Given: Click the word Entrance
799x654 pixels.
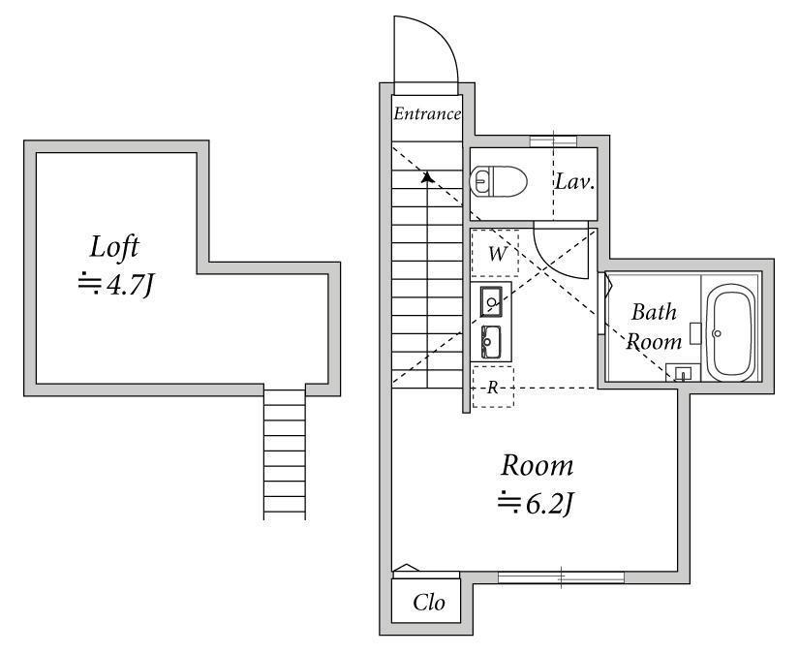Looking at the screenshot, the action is coord(427,113).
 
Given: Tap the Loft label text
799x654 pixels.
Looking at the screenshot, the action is coord(114,247).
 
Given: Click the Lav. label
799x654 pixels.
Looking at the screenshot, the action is coord(574,181).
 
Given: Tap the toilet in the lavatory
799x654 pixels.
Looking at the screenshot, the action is coord(498,181).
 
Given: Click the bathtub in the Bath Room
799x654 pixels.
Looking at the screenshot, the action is coord(733,332).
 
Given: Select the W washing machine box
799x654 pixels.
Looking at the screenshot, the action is coord(495,253).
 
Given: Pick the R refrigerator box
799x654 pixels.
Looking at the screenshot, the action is coord(493,387).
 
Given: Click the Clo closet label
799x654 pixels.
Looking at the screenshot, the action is coord(428,603).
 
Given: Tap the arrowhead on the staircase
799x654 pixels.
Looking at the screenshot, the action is coord(427,177).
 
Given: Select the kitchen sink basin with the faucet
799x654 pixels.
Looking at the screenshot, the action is coord(491,301).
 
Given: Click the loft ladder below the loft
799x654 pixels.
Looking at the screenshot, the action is coord(285,452).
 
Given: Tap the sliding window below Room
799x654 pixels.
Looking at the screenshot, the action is coord(561,577).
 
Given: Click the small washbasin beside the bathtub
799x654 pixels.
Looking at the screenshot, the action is coord(684,373).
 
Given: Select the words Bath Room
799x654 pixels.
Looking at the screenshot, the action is coord(654,327).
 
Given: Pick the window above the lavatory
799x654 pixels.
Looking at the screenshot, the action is coord(553,141).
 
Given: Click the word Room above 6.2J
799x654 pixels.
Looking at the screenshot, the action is coord(538,466).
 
